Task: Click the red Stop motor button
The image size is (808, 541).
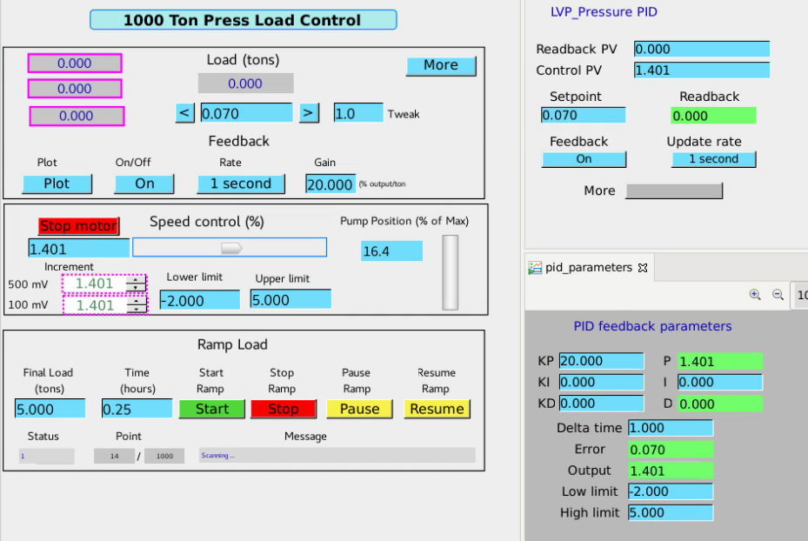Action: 79,225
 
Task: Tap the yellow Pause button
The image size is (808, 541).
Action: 359,409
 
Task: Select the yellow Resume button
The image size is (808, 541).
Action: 437,409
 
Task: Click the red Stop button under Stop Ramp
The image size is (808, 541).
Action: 284,409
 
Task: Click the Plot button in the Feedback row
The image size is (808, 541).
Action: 57,184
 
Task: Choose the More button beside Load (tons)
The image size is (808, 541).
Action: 441,65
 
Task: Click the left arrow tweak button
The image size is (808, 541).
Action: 185,113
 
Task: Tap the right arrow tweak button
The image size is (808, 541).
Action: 309,113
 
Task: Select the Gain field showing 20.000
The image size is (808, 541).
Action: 331,184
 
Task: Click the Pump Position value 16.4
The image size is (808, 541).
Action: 391,250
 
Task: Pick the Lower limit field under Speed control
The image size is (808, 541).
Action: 200,300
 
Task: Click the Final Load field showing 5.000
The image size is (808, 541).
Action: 50,409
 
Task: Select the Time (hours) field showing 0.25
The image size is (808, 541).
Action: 137,409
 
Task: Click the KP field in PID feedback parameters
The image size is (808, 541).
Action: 601,361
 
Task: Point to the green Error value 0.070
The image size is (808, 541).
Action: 671,450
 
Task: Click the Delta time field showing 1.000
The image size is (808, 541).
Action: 671,428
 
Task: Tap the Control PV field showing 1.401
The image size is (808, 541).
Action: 702,70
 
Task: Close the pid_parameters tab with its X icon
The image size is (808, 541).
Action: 643,268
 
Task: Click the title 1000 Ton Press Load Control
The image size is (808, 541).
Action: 243,20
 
